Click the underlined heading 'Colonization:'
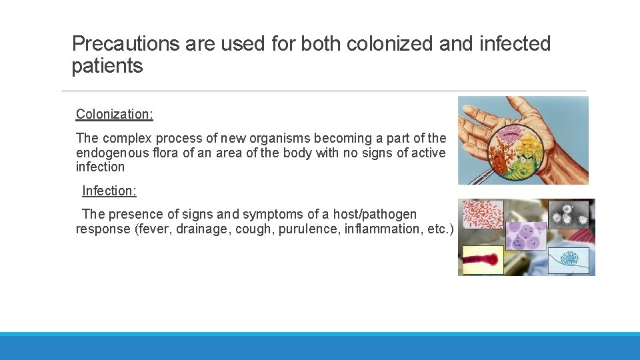pos(114,114)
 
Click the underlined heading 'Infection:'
pos(109,191)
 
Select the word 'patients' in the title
pos(107,66)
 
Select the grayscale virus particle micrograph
pos(568,213)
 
